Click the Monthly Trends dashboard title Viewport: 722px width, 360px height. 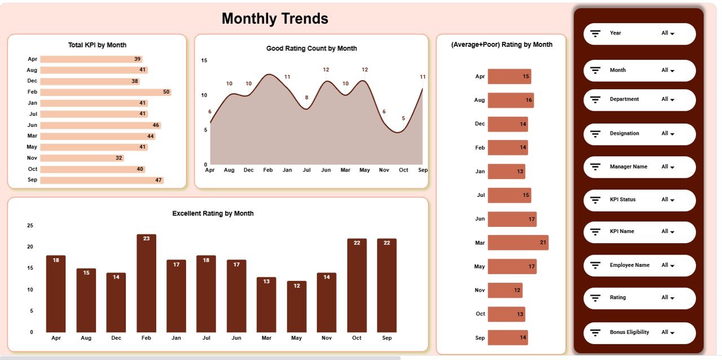(275, 19)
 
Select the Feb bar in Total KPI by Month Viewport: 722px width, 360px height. (105, 92)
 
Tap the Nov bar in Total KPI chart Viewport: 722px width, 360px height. (82, 158)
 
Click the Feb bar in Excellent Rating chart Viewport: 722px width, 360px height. (146, 283)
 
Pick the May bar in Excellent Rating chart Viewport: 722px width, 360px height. (297, 306)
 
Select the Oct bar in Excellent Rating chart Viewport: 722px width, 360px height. (356, 286)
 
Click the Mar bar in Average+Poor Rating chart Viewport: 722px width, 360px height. (518, 243)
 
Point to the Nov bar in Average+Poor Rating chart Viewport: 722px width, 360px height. (505, 290)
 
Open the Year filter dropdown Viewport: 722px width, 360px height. (668, 33)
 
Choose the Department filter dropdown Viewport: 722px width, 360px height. (668, 99)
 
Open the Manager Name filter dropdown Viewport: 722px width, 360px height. (668, 167)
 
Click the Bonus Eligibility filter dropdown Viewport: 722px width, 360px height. (668, 332)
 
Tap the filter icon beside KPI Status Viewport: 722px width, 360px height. (595, 200)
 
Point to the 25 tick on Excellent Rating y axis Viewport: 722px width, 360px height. (30, 226)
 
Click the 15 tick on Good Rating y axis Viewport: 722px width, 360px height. (204, 60)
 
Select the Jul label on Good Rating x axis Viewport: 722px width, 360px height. (306, 170)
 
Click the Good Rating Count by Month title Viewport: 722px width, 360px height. (311, 49)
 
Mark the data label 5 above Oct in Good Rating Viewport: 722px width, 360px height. (403, 118)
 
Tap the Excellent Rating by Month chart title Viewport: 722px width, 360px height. (213, 213)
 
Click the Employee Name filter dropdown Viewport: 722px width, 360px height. (668, 265)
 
